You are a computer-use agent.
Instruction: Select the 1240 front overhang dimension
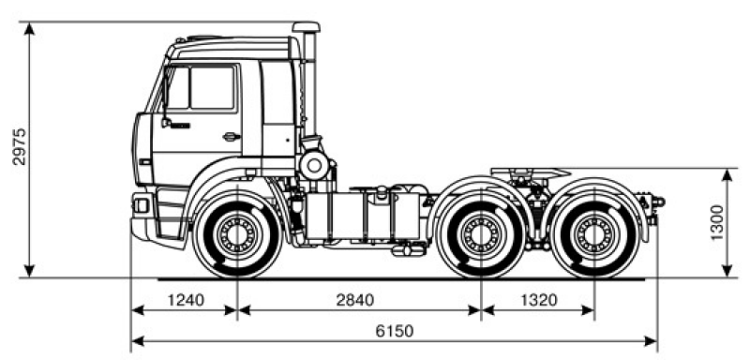point(184,301)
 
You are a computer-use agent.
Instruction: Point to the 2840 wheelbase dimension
point(354,301)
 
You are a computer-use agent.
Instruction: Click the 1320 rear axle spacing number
point(537,301)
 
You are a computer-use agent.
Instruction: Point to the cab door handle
point(229,137)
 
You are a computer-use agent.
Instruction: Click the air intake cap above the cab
point(306,28)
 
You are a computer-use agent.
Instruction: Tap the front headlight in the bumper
point(142,203)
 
